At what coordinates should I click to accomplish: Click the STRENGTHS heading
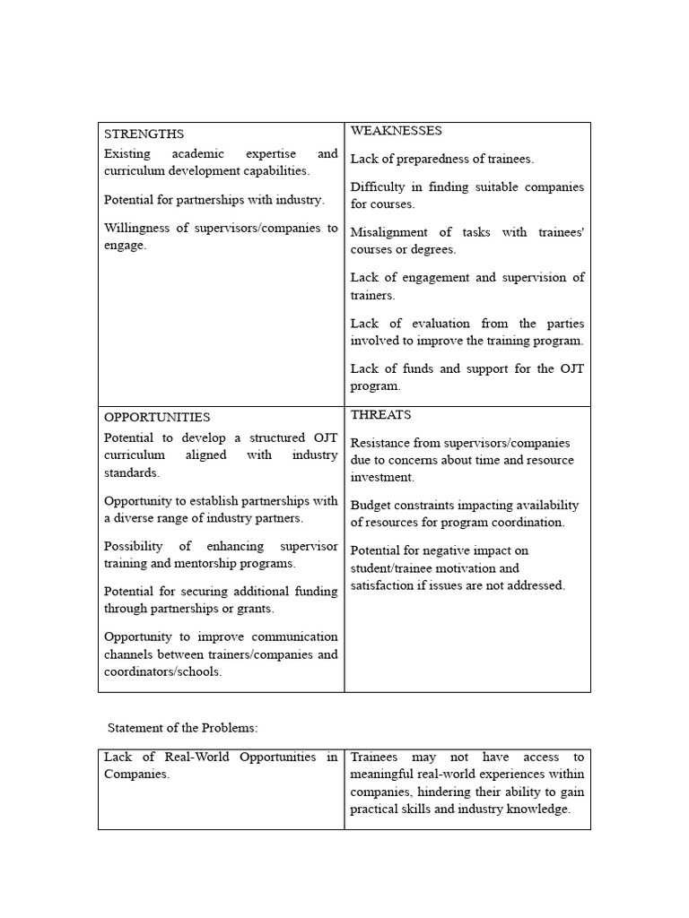(x=144, y=134)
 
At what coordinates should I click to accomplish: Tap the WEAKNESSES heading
(x=396, y=131)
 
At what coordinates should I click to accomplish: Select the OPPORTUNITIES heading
(x=157, y=417)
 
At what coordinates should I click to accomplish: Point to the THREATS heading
(x=380, y=415)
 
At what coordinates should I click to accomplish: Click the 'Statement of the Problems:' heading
(x=183, y=727)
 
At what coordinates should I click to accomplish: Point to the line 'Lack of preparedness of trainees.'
(x=441, y=159)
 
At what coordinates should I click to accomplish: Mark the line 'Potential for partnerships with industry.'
(x=214, y=199)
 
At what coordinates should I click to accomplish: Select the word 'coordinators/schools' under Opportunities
(x=162, y=671)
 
